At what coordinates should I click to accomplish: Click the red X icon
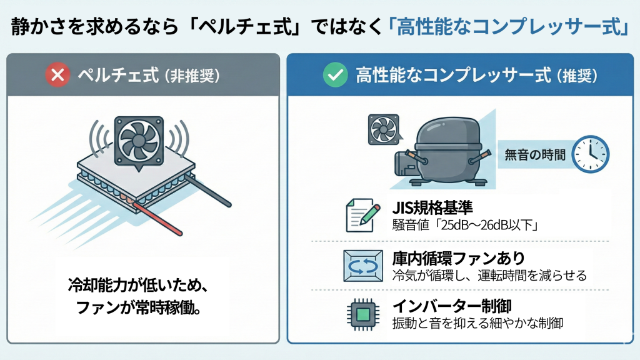(x=57, y=75)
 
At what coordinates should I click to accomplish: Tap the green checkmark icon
(x=335, y=75)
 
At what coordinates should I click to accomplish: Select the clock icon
(x=590, y=154)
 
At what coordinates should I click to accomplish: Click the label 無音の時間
(x=535, y=155)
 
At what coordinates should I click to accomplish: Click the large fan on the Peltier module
(x=139, y=141)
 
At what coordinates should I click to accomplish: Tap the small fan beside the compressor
(x=384, y=129)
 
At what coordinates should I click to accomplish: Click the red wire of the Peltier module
(x=156, y=217)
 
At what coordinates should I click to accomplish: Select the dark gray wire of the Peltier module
(x=208, y=191)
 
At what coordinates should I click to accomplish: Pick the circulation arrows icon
(x=363, y=266)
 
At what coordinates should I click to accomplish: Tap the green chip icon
(x=363, y=314)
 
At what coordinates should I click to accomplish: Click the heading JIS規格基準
(x=432, y=208)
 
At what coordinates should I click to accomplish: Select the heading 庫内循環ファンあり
(x=458, y=258)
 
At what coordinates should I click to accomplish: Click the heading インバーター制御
(x=451, y=306)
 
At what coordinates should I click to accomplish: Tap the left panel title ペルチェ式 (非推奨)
(x=149, y=75)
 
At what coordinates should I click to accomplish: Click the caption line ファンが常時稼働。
(x=138, y=307)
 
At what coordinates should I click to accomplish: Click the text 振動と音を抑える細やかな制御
(x=477, y=323)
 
